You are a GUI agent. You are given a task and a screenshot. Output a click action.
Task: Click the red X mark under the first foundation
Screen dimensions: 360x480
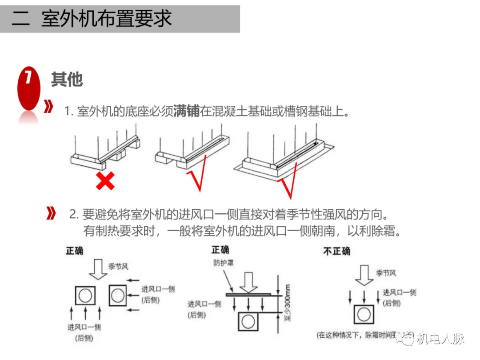[105, 180]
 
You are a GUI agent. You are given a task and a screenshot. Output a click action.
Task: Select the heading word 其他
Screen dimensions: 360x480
[67, 80]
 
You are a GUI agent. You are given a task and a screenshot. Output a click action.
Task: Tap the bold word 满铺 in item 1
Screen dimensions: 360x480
[187, 111]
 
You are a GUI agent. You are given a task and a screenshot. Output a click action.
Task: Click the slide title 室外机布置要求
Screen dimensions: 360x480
[106, 19]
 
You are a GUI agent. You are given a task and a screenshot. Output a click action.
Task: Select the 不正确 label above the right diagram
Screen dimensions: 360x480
[336, 251]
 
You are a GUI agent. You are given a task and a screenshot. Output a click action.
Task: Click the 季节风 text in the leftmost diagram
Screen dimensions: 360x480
[118, 267]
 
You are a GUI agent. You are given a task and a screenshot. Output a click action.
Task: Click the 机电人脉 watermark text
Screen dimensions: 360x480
[440, 339]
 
